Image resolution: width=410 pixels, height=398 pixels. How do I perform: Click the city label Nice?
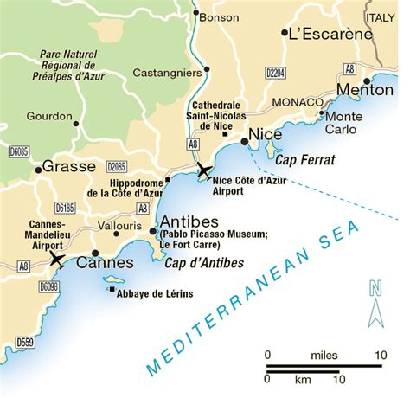[266, 136]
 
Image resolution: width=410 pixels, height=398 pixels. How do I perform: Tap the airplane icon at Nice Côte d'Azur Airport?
[203, 170]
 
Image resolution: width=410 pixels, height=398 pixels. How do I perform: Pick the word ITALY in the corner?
[383, 16]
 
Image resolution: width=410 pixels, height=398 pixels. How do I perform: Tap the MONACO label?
[296, 101]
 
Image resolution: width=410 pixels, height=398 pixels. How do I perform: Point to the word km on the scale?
[303, 379]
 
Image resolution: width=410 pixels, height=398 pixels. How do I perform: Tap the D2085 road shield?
[117, 166]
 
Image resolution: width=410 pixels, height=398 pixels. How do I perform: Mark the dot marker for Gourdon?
[76, 124]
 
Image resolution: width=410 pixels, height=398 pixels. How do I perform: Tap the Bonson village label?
[219, 16]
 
